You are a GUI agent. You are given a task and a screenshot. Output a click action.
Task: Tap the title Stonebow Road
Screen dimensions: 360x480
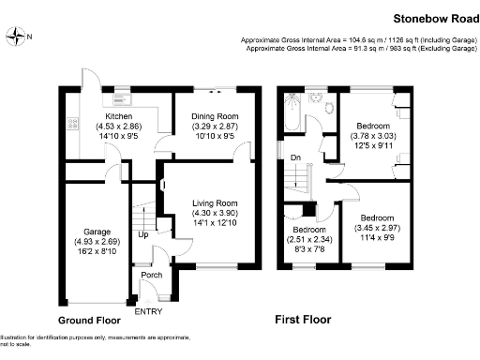pyautogui.click(x=430, y=18)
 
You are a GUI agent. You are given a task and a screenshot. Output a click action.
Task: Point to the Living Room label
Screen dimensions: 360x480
pyautogui.click(x=216, y=202)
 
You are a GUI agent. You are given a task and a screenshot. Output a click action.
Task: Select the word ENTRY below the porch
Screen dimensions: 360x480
pyautogui.click(x=148, y=311)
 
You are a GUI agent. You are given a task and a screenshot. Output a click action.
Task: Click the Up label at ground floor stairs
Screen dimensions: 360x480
pyautogui.click(x=142, y=234)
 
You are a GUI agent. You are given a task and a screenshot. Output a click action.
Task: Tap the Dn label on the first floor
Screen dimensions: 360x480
pyautogui.click(x=294, y=157)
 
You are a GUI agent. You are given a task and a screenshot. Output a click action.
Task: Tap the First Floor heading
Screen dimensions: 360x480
pyautogui.click(x=302, y=320)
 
